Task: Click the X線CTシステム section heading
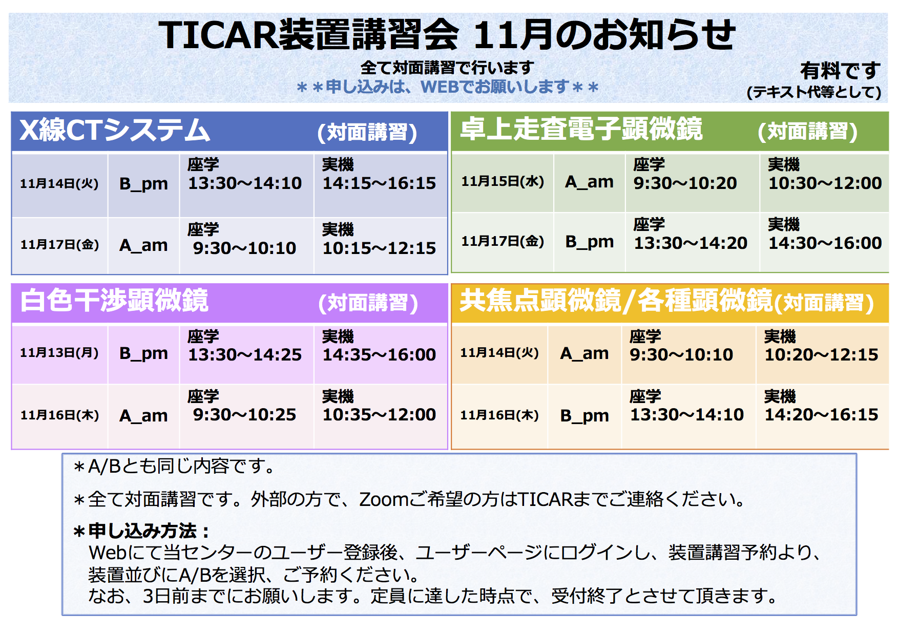coord(115,130)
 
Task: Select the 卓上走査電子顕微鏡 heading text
coord(581,129)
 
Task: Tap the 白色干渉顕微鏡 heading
coord(114,300)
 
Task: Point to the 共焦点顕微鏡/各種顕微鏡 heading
coord(616,300)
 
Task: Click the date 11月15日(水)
coord(503,181)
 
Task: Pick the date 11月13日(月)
coord(59,352)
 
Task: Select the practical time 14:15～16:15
coord(379,183)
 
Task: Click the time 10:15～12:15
coord(379,248)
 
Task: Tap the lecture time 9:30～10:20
coord(685,183)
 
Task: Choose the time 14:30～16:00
coord(825,243)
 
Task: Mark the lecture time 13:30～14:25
coord(245,355)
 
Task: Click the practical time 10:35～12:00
coord(379,415)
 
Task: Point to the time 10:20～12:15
coord(821,355)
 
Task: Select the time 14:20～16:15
coord(821,415)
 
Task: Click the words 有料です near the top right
coord(840,71)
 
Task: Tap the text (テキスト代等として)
coord(814,92)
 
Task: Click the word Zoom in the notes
coord(384,499)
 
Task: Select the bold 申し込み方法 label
coord(141,531)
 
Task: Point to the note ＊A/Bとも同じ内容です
coord(174,467)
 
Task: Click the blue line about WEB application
coord(447,87)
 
